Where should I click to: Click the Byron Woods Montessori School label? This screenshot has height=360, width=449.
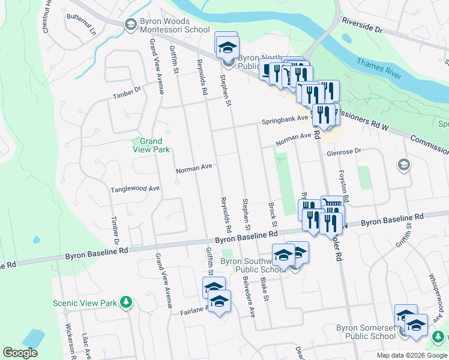pyautogui.click(x=174, y=25)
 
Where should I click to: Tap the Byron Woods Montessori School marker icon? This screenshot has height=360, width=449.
pyautogui.click(x=130, y=25)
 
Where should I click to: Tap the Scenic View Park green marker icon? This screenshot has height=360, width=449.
pyautogui.click(x=125, y=302)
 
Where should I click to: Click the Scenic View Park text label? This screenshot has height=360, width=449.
pyautogui.click(x=85, y=303)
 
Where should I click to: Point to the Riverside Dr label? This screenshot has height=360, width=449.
pyautogui.click(x=362, y=25)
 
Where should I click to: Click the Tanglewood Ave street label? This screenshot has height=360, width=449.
pyautogui.click(x=135, y=189)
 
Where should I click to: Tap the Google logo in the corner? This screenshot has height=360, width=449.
pyautogui.click(x=20, y=353)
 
